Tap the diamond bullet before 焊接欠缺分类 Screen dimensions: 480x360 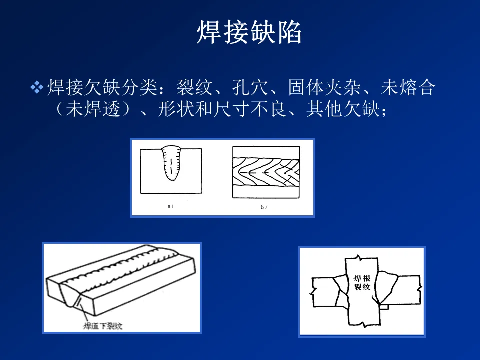37,88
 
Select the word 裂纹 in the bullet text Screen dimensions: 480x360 191,88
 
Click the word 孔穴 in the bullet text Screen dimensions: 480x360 247,88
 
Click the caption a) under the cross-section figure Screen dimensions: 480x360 170,205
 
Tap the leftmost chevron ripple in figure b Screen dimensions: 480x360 244,170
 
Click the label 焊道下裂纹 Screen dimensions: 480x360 103,327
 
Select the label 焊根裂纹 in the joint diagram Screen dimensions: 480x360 362,283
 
